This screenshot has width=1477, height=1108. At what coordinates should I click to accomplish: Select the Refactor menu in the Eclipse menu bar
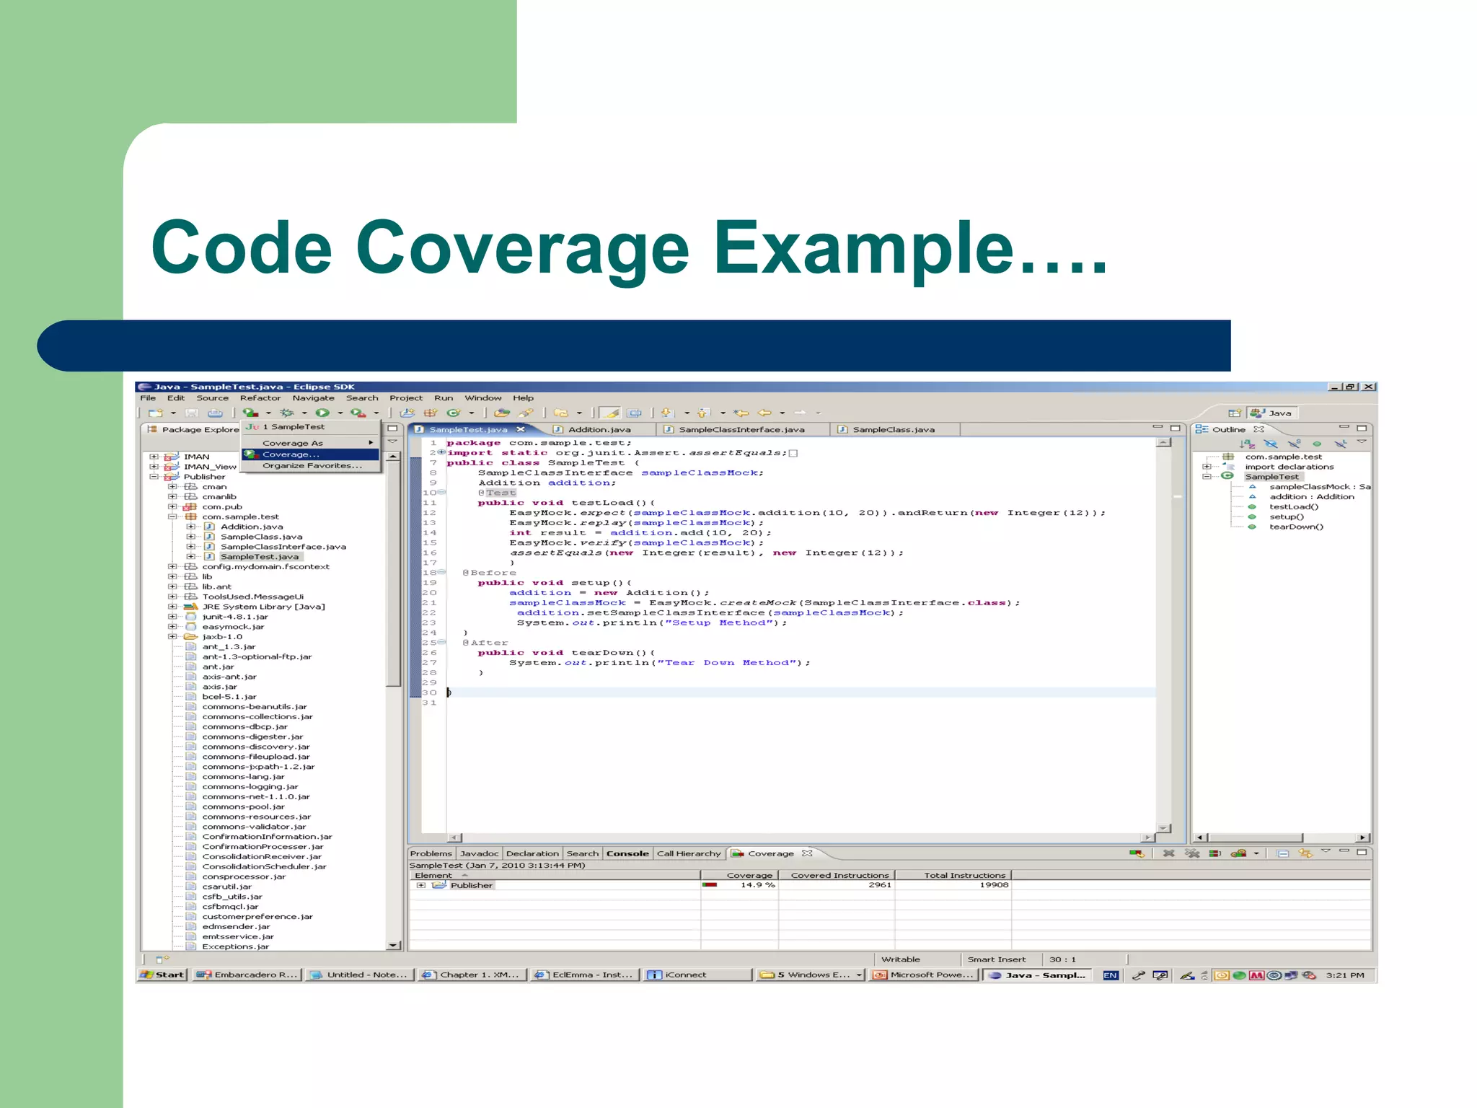point(260,398)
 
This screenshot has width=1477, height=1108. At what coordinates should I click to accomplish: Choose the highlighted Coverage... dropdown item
point(291,454)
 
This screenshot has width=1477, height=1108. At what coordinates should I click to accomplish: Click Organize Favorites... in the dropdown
point(312,466)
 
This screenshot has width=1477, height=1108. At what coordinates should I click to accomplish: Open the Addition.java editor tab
point(599,430)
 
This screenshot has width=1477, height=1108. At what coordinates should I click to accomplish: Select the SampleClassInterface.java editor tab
point(741,430)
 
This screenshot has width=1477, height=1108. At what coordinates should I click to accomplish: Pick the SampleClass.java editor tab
point(893,430)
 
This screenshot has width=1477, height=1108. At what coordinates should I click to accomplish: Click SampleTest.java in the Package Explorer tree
point(259,557)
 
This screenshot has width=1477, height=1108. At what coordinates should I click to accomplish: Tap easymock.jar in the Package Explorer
point(233,627)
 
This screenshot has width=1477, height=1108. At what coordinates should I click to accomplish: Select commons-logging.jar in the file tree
point(250,787)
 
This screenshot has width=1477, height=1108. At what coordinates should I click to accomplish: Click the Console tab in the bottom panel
point(627,854)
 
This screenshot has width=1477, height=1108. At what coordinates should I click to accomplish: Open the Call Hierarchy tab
point(689,854)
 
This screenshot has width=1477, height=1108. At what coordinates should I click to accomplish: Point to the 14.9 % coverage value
point(757,885)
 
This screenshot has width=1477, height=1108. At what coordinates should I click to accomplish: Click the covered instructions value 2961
point(879,885)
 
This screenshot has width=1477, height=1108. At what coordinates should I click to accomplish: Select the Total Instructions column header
point(964,876)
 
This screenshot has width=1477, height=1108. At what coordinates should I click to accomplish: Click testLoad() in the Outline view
point(1294,507)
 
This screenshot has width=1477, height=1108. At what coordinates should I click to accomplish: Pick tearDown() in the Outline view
point(1296,527)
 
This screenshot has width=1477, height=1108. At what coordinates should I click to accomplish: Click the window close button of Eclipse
point(1369,387)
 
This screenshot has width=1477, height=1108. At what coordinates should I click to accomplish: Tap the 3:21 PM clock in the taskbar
point(1345,975)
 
